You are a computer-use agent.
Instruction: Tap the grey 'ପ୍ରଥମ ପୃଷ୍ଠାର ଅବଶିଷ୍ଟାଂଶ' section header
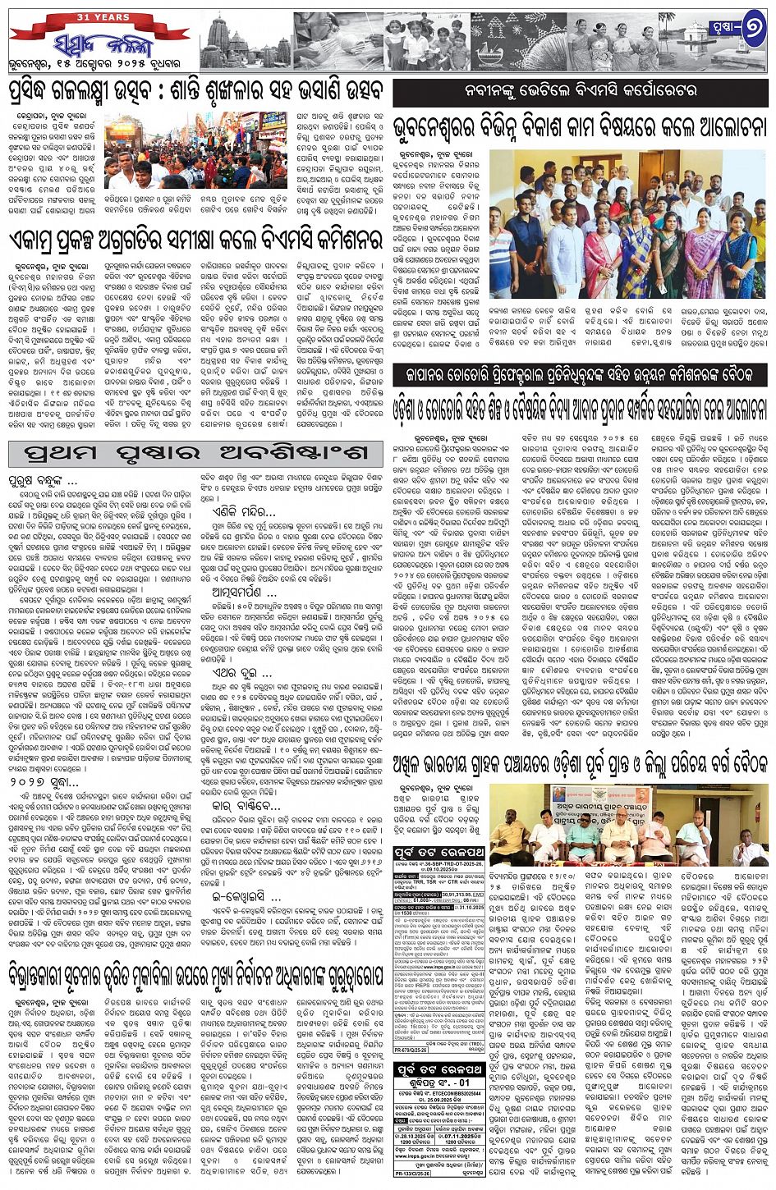[196, 453]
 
